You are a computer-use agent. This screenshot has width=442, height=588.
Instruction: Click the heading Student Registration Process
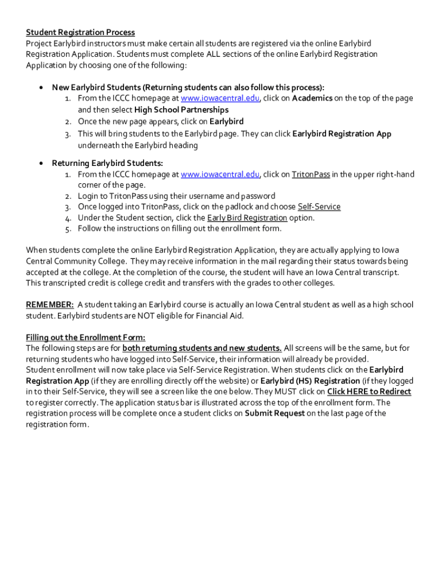[x=80, y=32]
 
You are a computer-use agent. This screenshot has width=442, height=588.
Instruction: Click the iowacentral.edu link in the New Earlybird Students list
[x=220, y=98]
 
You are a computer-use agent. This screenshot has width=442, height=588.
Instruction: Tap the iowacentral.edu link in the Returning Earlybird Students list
[x=220, y=174]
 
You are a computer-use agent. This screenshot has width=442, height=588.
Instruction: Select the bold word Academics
[x=312, y=98]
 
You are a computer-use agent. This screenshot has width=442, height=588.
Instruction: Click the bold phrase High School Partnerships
[x=181, y=110]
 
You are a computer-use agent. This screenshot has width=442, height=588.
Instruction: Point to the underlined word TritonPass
[x=311, y=174]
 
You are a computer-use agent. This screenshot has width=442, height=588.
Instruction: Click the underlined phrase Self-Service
[x=319, y=207]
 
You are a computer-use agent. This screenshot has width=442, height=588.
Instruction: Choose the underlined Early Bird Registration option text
[x=247, y=218]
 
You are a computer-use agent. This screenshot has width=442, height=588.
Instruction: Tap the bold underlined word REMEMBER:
[x=50, y=305]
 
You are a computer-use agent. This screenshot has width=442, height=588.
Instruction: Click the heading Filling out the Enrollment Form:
[x=86, y=337]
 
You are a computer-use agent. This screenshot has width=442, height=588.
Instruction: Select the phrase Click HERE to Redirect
[x=369, y=392]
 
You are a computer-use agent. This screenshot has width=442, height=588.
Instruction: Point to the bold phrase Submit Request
[x=274, y=413]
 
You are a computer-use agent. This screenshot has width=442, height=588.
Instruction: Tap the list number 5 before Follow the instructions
[x=67, y=229]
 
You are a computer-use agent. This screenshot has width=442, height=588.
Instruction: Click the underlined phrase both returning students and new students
[x=202, y=348]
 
